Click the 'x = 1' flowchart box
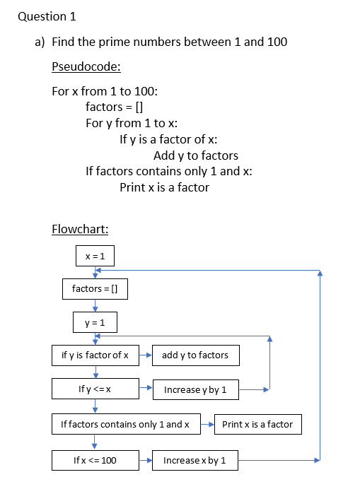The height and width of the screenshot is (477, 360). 95,256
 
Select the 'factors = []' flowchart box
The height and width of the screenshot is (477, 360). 95,289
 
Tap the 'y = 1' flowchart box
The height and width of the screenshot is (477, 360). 95,322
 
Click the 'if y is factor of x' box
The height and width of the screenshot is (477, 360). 95,355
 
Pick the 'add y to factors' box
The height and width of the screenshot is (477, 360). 195,355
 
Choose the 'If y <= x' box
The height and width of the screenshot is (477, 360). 95,389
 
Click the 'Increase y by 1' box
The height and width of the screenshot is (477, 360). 195,389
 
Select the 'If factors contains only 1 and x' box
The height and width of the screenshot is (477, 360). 126,424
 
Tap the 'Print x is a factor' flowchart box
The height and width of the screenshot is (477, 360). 258,424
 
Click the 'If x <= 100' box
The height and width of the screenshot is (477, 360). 95,460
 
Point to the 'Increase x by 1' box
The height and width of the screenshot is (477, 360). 195,460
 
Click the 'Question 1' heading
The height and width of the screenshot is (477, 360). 47,16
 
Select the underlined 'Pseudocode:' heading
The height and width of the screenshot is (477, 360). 86,66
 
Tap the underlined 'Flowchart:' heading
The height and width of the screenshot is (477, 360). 80,229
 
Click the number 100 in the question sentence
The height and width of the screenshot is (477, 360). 277,42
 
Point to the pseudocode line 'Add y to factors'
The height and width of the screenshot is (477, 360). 196,155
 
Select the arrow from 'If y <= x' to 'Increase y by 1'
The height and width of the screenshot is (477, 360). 146,387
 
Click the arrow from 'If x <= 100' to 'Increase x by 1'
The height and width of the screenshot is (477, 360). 146,460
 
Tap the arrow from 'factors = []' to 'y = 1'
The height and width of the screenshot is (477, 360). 95,306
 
